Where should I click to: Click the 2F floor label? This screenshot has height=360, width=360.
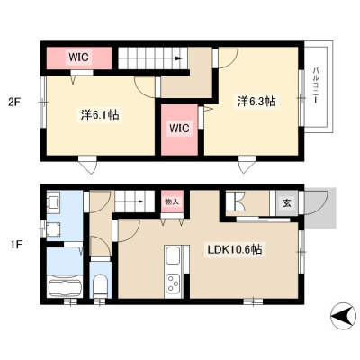(x=13, y=103)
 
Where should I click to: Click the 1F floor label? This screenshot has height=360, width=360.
(x=15, y=245)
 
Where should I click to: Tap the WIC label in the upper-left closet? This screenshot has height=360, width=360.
(x=79, y=57)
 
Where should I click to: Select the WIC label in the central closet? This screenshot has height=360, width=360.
(x=179, y=128)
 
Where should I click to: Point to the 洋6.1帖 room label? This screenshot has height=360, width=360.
(x=100, y=115)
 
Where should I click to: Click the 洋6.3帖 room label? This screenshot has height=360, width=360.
(x=256, y=101)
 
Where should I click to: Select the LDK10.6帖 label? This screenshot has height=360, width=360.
(x=233, y=249)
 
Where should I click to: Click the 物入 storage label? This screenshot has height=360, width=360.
(x=172, y=202)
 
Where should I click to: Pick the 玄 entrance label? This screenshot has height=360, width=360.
(x=287, y=203)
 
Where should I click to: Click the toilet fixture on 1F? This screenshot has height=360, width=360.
(x=101, y=286)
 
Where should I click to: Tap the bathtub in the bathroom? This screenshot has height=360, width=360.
(x=65, y=286)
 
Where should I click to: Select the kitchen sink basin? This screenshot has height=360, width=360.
(x=173, y=256)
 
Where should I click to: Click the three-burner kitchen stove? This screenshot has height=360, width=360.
(x=173, y=283)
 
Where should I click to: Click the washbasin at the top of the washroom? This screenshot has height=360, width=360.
(x=54, y=202)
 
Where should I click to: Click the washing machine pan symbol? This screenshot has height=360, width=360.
(x=53, y=229)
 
